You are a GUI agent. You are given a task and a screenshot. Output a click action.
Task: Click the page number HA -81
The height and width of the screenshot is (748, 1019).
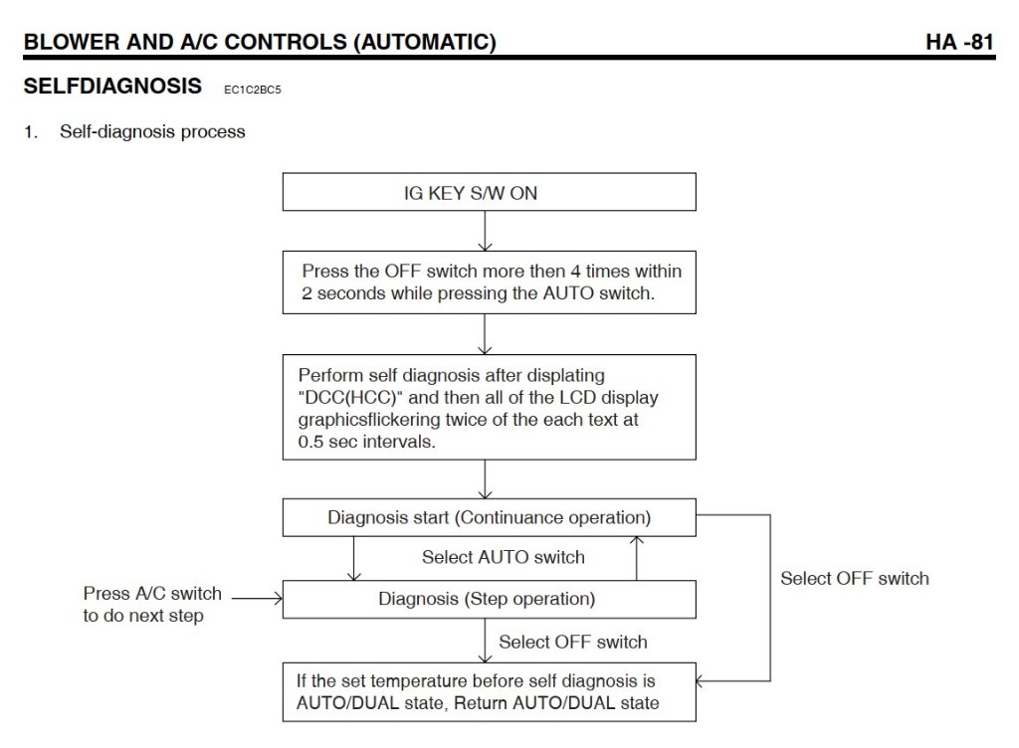click(959, 43)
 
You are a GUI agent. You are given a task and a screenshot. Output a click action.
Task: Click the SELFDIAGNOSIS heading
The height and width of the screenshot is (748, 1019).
click(111, 87)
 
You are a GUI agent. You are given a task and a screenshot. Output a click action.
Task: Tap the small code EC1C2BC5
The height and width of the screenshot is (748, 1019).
click(254, 90)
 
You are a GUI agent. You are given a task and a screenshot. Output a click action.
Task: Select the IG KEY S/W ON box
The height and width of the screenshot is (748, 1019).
click(489, 193)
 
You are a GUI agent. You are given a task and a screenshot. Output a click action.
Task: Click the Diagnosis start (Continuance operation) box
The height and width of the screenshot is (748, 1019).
click(489, 518)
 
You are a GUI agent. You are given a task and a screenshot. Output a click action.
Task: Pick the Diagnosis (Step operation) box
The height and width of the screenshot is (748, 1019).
click(489, 599)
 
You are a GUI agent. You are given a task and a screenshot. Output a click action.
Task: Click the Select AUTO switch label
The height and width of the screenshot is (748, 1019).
click(503, 557)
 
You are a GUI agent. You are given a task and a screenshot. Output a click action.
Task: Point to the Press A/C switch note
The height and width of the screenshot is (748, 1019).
click(151, 604)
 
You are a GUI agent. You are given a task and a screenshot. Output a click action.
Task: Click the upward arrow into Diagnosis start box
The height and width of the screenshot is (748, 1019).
click(637, 557)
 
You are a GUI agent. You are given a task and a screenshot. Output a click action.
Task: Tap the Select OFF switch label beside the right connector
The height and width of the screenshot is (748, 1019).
click(854, 578)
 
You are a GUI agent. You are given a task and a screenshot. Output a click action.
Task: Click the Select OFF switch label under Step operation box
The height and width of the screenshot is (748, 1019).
click(572, 642)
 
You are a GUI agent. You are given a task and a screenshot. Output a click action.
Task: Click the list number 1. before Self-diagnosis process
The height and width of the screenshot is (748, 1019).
click(30, 131)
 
